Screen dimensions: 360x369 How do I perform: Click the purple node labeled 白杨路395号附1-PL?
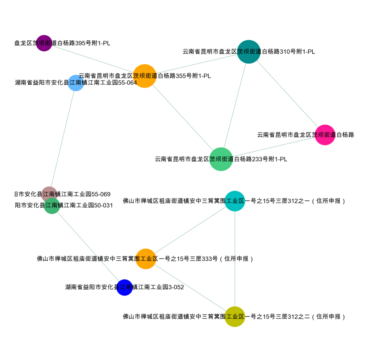click(x=44, y=43)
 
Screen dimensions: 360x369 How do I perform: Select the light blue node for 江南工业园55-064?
click(x=76, y=83)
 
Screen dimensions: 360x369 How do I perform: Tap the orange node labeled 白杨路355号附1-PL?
click(x=145, y=76)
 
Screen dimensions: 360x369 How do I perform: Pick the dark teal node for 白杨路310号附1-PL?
click(x=249, y=52)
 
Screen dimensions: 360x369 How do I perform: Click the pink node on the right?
click(x=325, y=135)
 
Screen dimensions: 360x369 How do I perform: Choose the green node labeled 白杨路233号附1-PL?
click(x=221, y=159)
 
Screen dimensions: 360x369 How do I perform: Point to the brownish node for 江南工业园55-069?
click(x=49, y=193)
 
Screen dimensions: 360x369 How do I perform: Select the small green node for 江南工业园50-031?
click(x=52, y=206)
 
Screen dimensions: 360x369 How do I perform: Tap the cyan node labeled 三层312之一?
click(x=235, y=201)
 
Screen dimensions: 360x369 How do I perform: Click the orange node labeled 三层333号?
click(x=146, y=259)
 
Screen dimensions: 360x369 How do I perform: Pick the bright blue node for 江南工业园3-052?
click(x=124, y=287)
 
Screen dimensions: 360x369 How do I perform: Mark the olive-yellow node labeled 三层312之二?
click(x=235, y=317)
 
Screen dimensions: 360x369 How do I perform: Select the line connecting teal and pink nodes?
click(x=287, y=93)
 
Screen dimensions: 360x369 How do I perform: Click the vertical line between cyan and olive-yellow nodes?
click(x=235, y=260)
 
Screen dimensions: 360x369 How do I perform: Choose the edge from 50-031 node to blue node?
click(x=88, y=247)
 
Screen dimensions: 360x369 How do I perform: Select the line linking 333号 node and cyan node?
click(x=190, y=230)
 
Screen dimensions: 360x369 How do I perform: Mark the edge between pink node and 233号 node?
click(x=273, y=147)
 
